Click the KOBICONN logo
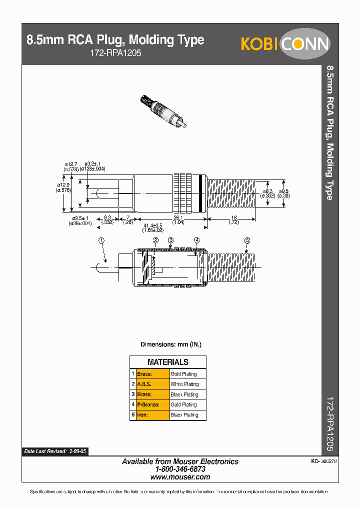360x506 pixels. click(x=285, y=44)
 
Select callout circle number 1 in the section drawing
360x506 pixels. click(x=101, y=240)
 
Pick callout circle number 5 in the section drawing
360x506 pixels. click(x=247, y=240)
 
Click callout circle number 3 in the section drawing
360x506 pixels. click(x=171, y=240)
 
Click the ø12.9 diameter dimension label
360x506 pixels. click(x=63, y=186)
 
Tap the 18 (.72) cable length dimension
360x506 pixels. click(x=233, y=219)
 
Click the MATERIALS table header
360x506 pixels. click(x=167, y=362)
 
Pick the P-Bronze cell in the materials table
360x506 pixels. click(x=148, y=404)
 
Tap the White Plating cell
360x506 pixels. click(x=184, y=384)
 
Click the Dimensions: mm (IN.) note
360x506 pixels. click(x=170, y=344)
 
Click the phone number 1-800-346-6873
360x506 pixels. click(x=180, y=469)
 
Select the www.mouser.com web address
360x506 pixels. click(x=180, y=477)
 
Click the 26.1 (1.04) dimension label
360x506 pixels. click(x=178, y=219)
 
